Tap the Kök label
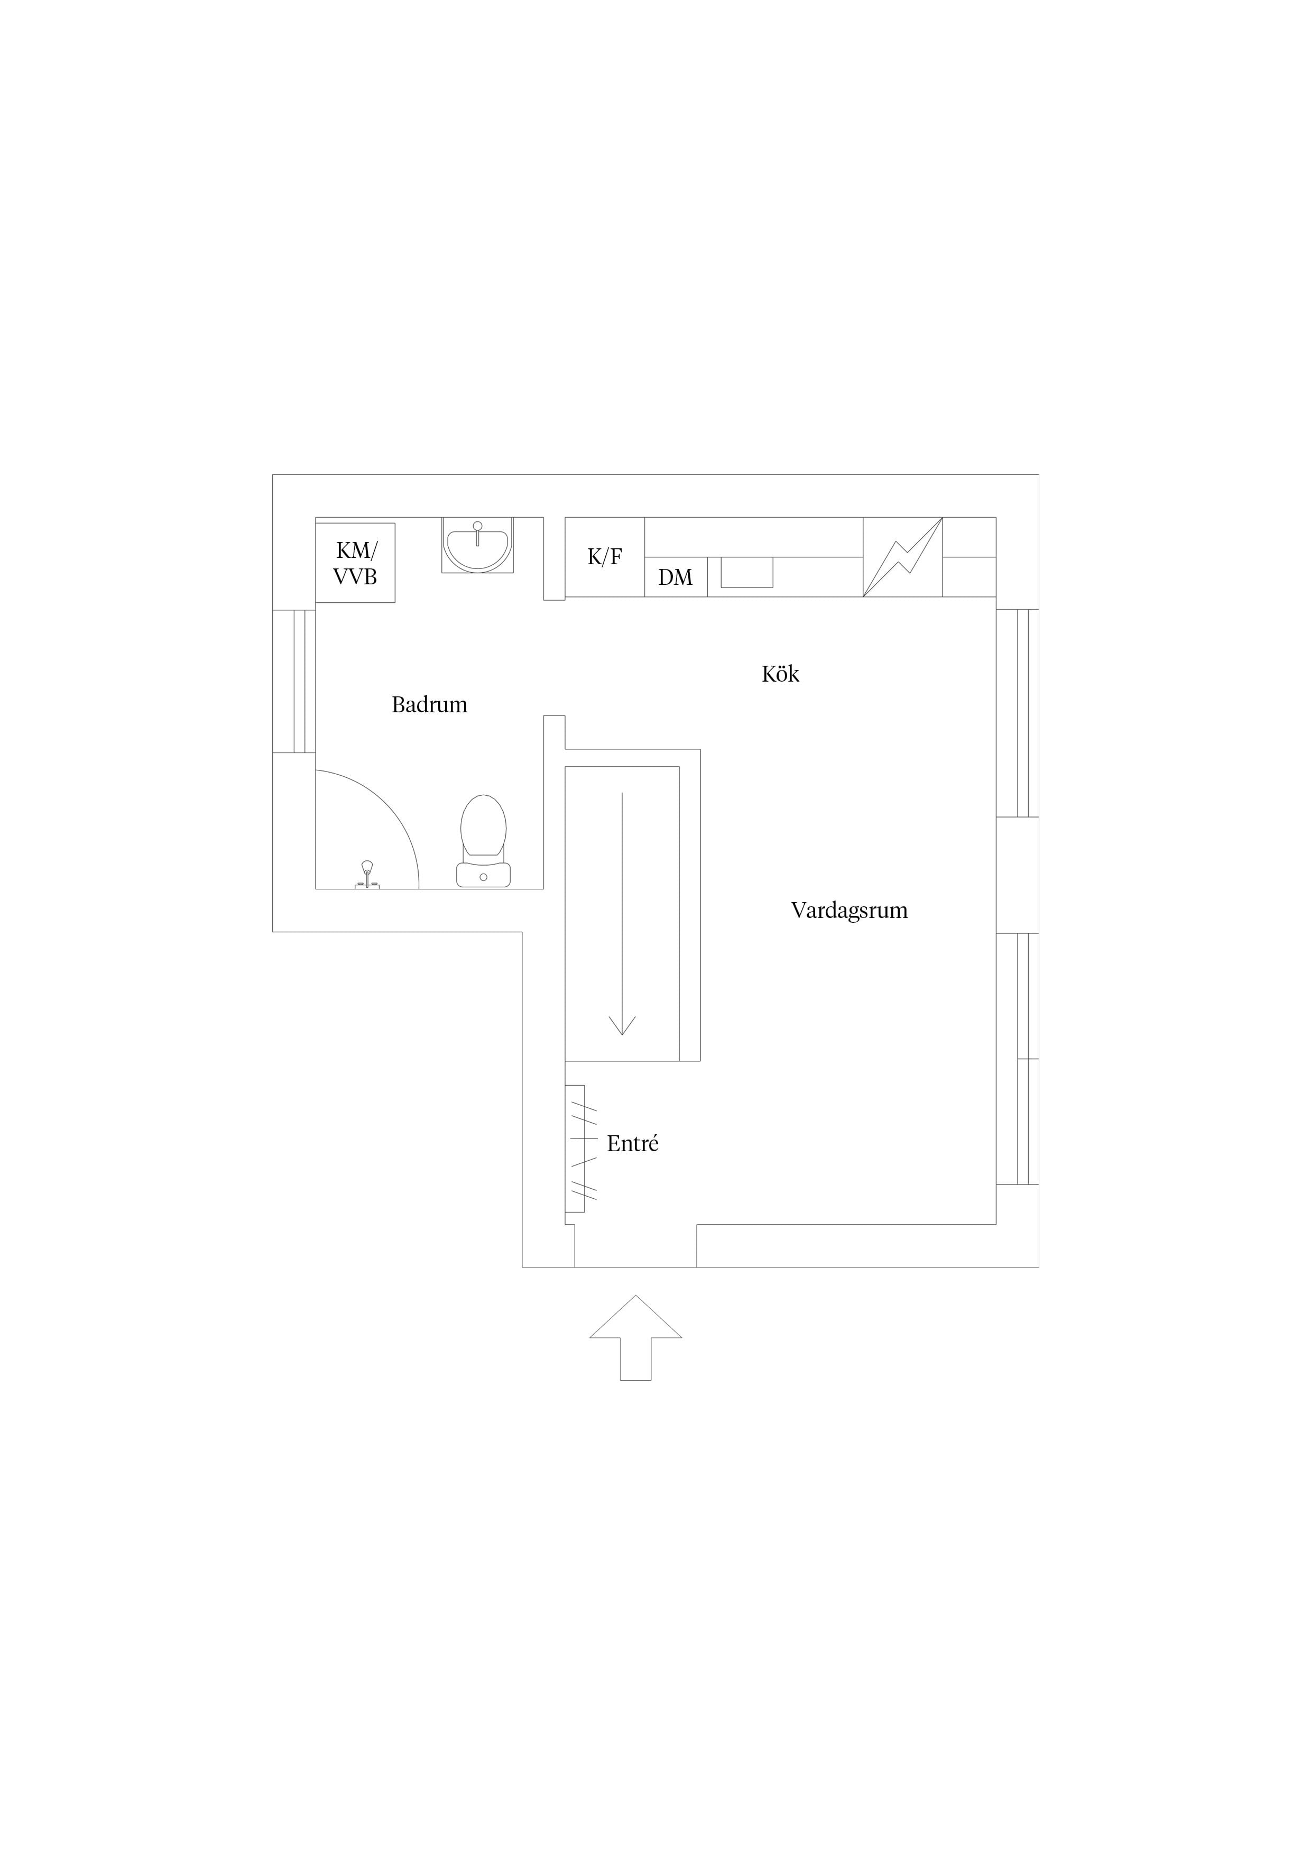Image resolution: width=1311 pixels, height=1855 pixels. pyautogui.click(x=780, y=673)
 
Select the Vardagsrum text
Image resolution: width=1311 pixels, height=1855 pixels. pyautogui.click(x=849, y=911)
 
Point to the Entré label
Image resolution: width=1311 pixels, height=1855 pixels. pyautogui.click(x=632, y=1143)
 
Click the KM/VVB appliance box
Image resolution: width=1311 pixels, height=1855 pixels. pyautogui.click(x=355, y=562)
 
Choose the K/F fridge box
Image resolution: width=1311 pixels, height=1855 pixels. pyautogui.click(x=604, y=557)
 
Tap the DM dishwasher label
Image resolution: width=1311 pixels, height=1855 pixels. pyautogui.click(x=675, y=577)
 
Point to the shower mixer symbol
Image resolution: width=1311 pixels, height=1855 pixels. pyautogui.click(x=367, y=876)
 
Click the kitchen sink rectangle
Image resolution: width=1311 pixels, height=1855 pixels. pyautogui.click(x=746, y=572)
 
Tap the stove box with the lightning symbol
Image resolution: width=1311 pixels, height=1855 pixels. pyautogui.click(x=902, y=557)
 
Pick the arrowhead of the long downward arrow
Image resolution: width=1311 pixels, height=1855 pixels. pyautogui.click(x=622, y=1024)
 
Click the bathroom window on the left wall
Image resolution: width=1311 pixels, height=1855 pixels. pyautogui.click(x=294, y=681)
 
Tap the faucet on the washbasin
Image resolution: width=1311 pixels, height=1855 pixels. pyautogui.click(x=477, y=531)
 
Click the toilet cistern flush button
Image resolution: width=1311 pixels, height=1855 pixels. pyautogui.click(x=483, y=877)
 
